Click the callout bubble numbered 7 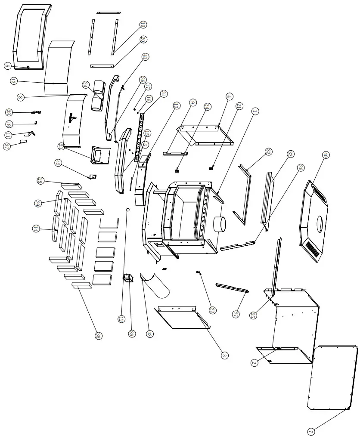pyautogui.click(x=311, y=431)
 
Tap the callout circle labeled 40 pyautogui.click(x=326, y=155)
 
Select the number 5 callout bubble pyautogui.click(x=7, y=66)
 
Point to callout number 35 pyautogui.click(x=99, y=336)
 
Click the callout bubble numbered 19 pyautogui.click(x=143, y=25)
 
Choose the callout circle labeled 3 pyautogui.click(x=224, y=355)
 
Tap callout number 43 pyautogui.click(x=150, y=334)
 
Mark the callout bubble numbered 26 pyautogui.click(x=300, y=167)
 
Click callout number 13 pyautogui.click(x=13, y=80)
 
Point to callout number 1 pyautogui.click(x=254, y=111)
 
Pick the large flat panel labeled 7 pyautogui.click(x=332, y=377)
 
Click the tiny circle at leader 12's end pyautogui.click(x=127, y=210)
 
